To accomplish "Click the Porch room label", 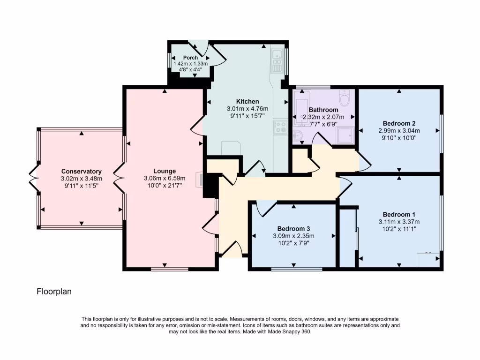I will (x=190, y=58).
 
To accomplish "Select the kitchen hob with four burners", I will (x=280, y=127).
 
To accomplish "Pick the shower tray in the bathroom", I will (x=346, y=135).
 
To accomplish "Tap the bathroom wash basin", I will (x=298, y=136).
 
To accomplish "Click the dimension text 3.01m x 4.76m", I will (x=247, y=109).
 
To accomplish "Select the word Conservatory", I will (x=81, y=172).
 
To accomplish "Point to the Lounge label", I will (x=165, y=171).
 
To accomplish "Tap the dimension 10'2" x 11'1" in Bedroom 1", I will (x=398, y=229).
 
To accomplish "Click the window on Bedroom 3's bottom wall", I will (x=294, y=269).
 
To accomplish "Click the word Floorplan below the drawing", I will (x=54, y=292).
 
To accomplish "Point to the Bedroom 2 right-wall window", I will (x=442, y=134).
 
